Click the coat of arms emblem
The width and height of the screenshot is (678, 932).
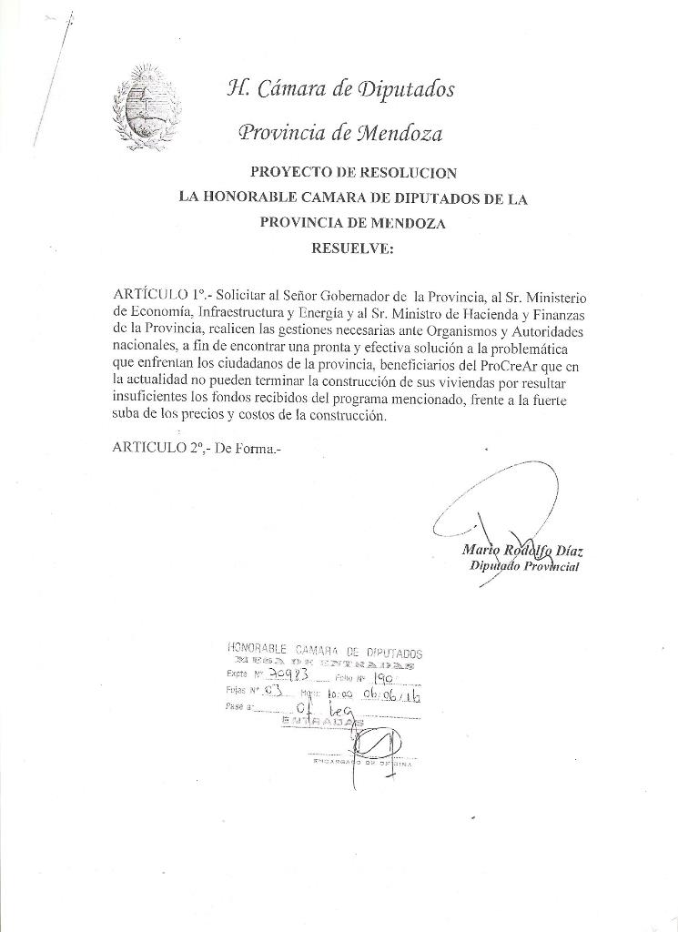pos(146,107)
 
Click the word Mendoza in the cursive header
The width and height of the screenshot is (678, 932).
pos(399,134)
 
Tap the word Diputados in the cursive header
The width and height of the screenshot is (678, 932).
pos(407,89)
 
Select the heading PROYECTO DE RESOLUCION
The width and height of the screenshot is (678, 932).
pos(353,172)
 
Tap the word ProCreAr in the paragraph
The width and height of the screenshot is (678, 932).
pos(504,367)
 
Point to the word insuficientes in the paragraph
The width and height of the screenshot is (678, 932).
pos(154,400)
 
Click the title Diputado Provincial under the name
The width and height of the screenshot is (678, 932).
pos(525,566)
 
